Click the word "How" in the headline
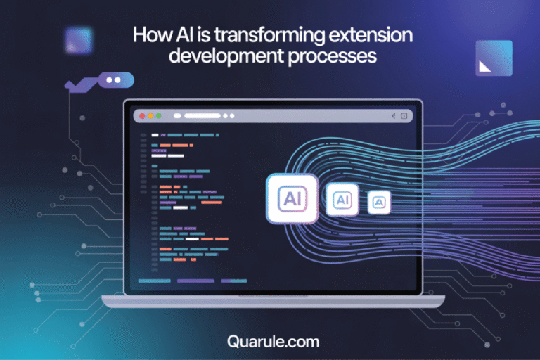pyautogui.click(x=150, y=35)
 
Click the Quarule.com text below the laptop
pyautogui.click(x=274, y=342)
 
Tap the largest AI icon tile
pyautogui.click(x=291, y=199)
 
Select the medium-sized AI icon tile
pyautogui.click(x=342, y=200)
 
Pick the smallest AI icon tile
pyautogui.click(x=379, y=202)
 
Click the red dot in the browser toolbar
pyautogui.click(x=142, y=115)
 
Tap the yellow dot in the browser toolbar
pyautogui.click(x=150, y=115)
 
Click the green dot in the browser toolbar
pyautogui.click(x=159, y=115)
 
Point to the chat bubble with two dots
pyautogui.click(x=116, y=80)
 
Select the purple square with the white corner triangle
pyautogui.click(x=494, y=58)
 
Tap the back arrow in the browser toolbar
pyautogui.click(x=393, y=115)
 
